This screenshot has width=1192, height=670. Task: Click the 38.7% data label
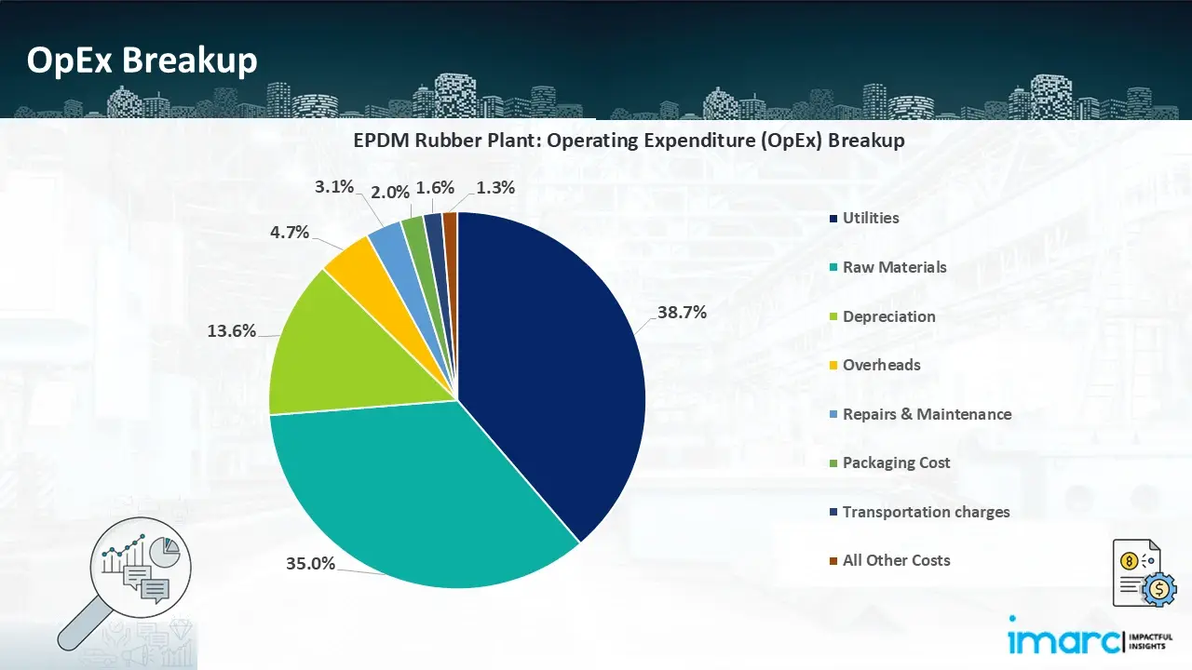pos(682,313)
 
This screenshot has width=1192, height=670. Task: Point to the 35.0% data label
pos(310,562)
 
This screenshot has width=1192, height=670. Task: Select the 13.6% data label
pos(231,329)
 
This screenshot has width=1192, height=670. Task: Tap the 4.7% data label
pos(290,232)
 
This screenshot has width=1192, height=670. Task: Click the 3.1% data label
pos(334,186)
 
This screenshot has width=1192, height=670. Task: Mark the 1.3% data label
pos(495,187)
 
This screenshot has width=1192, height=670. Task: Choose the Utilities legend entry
pos(870,218)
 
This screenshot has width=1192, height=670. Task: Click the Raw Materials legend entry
pos(893,267)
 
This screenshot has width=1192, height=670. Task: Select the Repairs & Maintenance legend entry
pos(926,414)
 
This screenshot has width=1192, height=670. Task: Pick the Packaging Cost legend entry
pos(896,462)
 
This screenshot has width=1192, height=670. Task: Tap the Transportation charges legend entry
pos(925,512)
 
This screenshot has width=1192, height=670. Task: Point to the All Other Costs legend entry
pos(896,560)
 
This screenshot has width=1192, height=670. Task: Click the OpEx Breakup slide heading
pos(142,60)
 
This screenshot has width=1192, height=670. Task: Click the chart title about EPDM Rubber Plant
pos(629,141)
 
